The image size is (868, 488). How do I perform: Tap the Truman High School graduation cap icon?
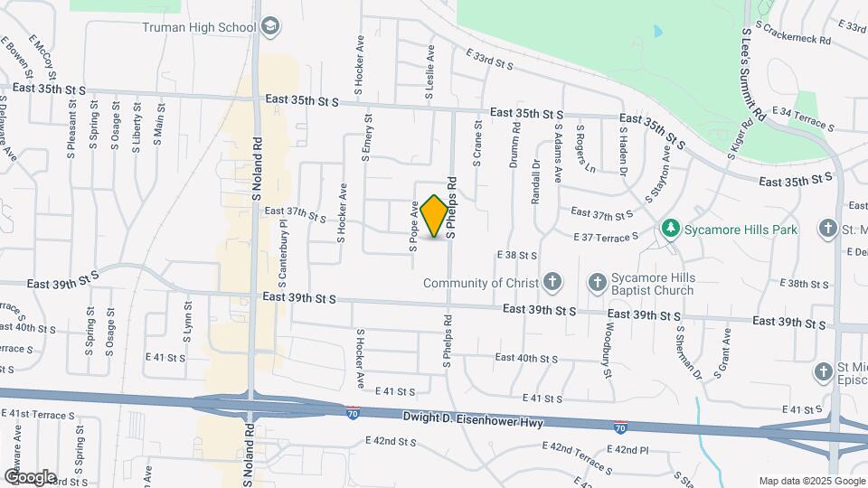click(x=269, y=27)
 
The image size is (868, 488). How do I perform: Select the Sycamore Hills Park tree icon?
click(x=670, y=229)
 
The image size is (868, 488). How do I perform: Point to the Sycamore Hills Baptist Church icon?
click(x=597, y=283)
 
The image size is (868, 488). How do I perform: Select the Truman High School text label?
click(x=199, y=27)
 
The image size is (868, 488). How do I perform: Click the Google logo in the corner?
click(x=29, y=476)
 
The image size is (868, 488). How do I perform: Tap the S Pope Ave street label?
click(x=413, y=225)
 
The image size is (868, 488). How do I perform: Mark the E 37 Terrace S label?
click(x=606, y=236)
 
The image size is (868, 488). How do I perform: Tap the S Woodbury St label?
click(x=606, y=349)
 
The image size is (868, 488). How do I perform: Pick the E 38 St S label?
click(x=517, y=256)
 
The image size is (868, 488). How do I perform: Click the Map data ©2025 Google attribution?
click(x=811, y=481)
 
